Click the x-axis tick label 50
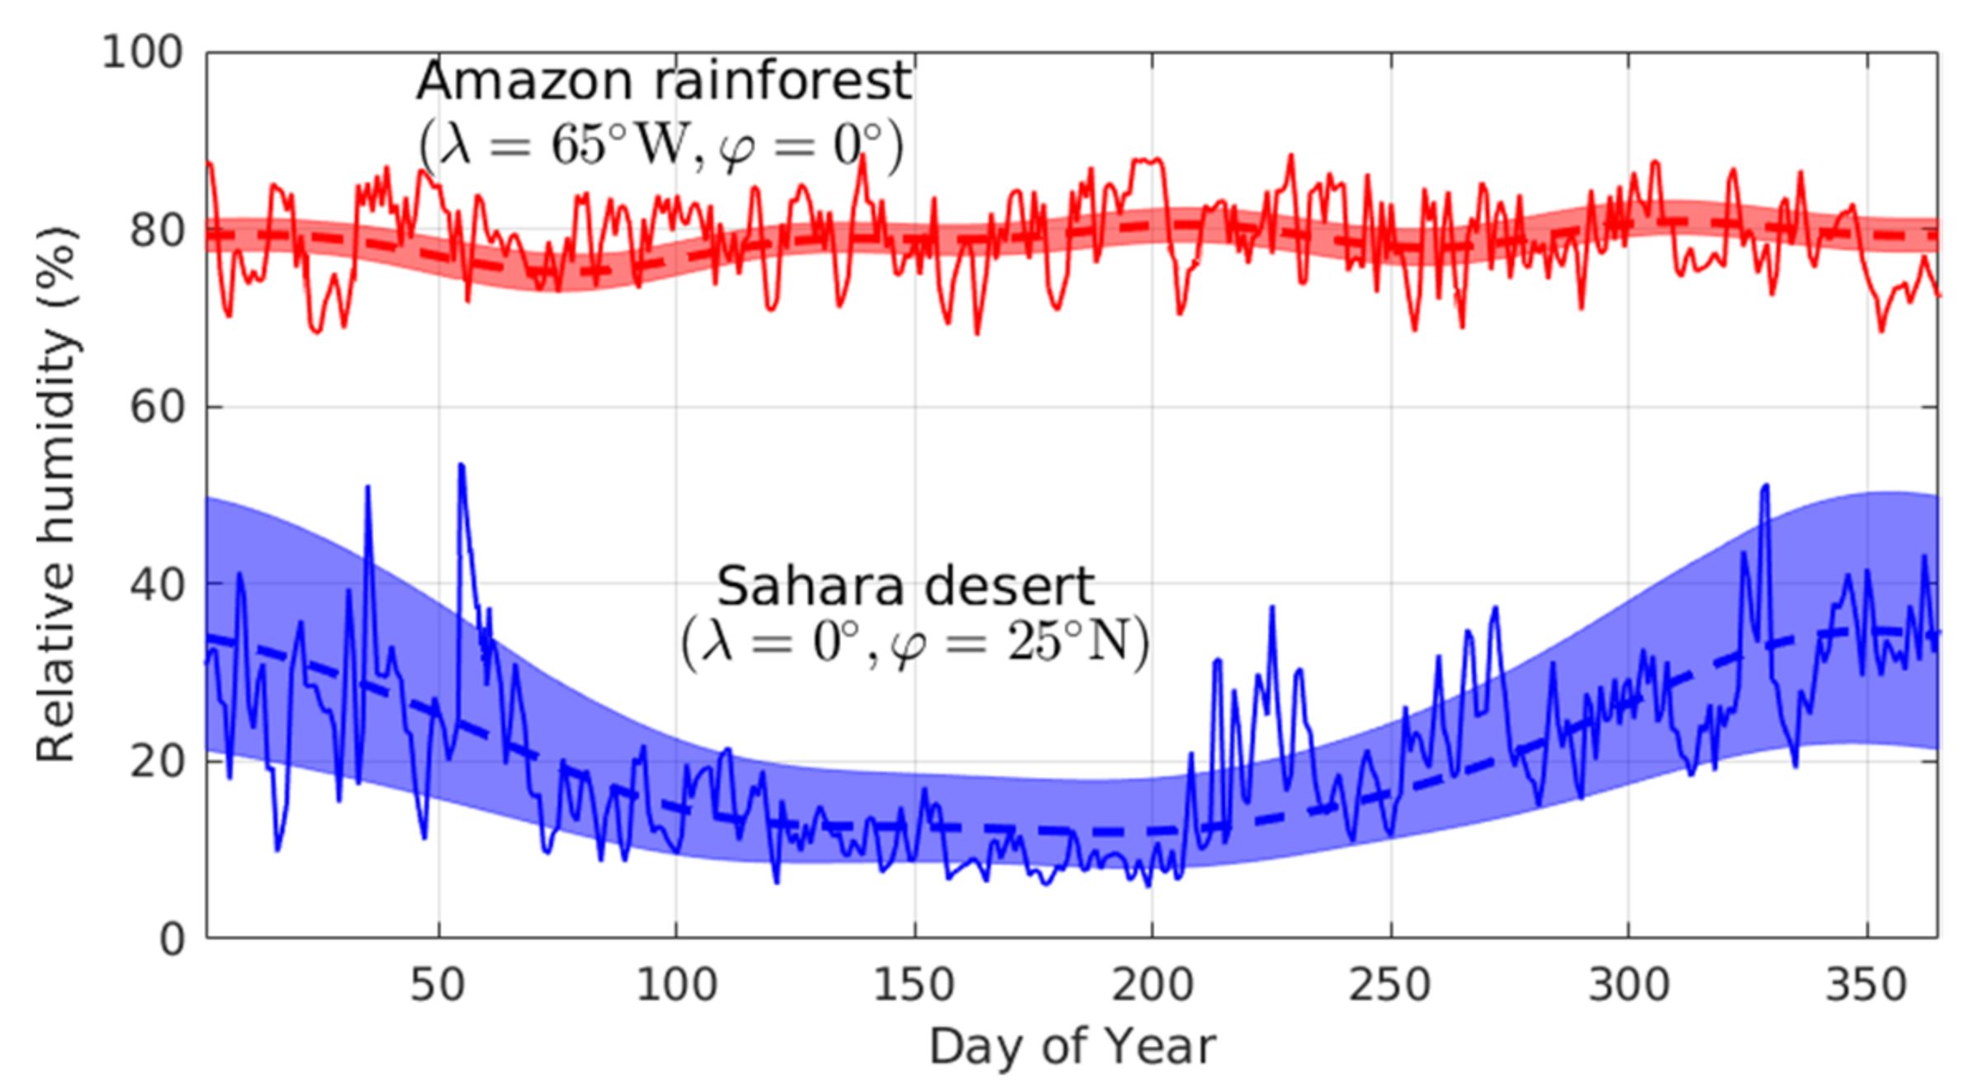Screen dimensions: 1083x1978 pyautogui.click(x=438, y=985)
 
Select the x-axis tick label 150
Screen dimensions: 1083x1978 pyautogui.click(x=914, y=985)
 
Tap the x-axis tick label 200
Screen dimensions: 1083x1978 pyautogui.click(x=1152, y=985)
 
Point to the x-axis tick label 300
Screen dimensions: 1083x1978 pyautogui.click(x=1628, y=985)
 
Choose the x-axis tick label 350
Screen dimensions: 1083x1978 pyautogui.click(x=1866, y=985)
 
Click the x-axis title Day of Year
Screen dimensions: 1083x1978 pyautogui.click(x=1072, y=1046)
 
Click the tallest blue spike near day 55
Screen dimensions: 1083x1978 pyautogui.click(x=461, y=468)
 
